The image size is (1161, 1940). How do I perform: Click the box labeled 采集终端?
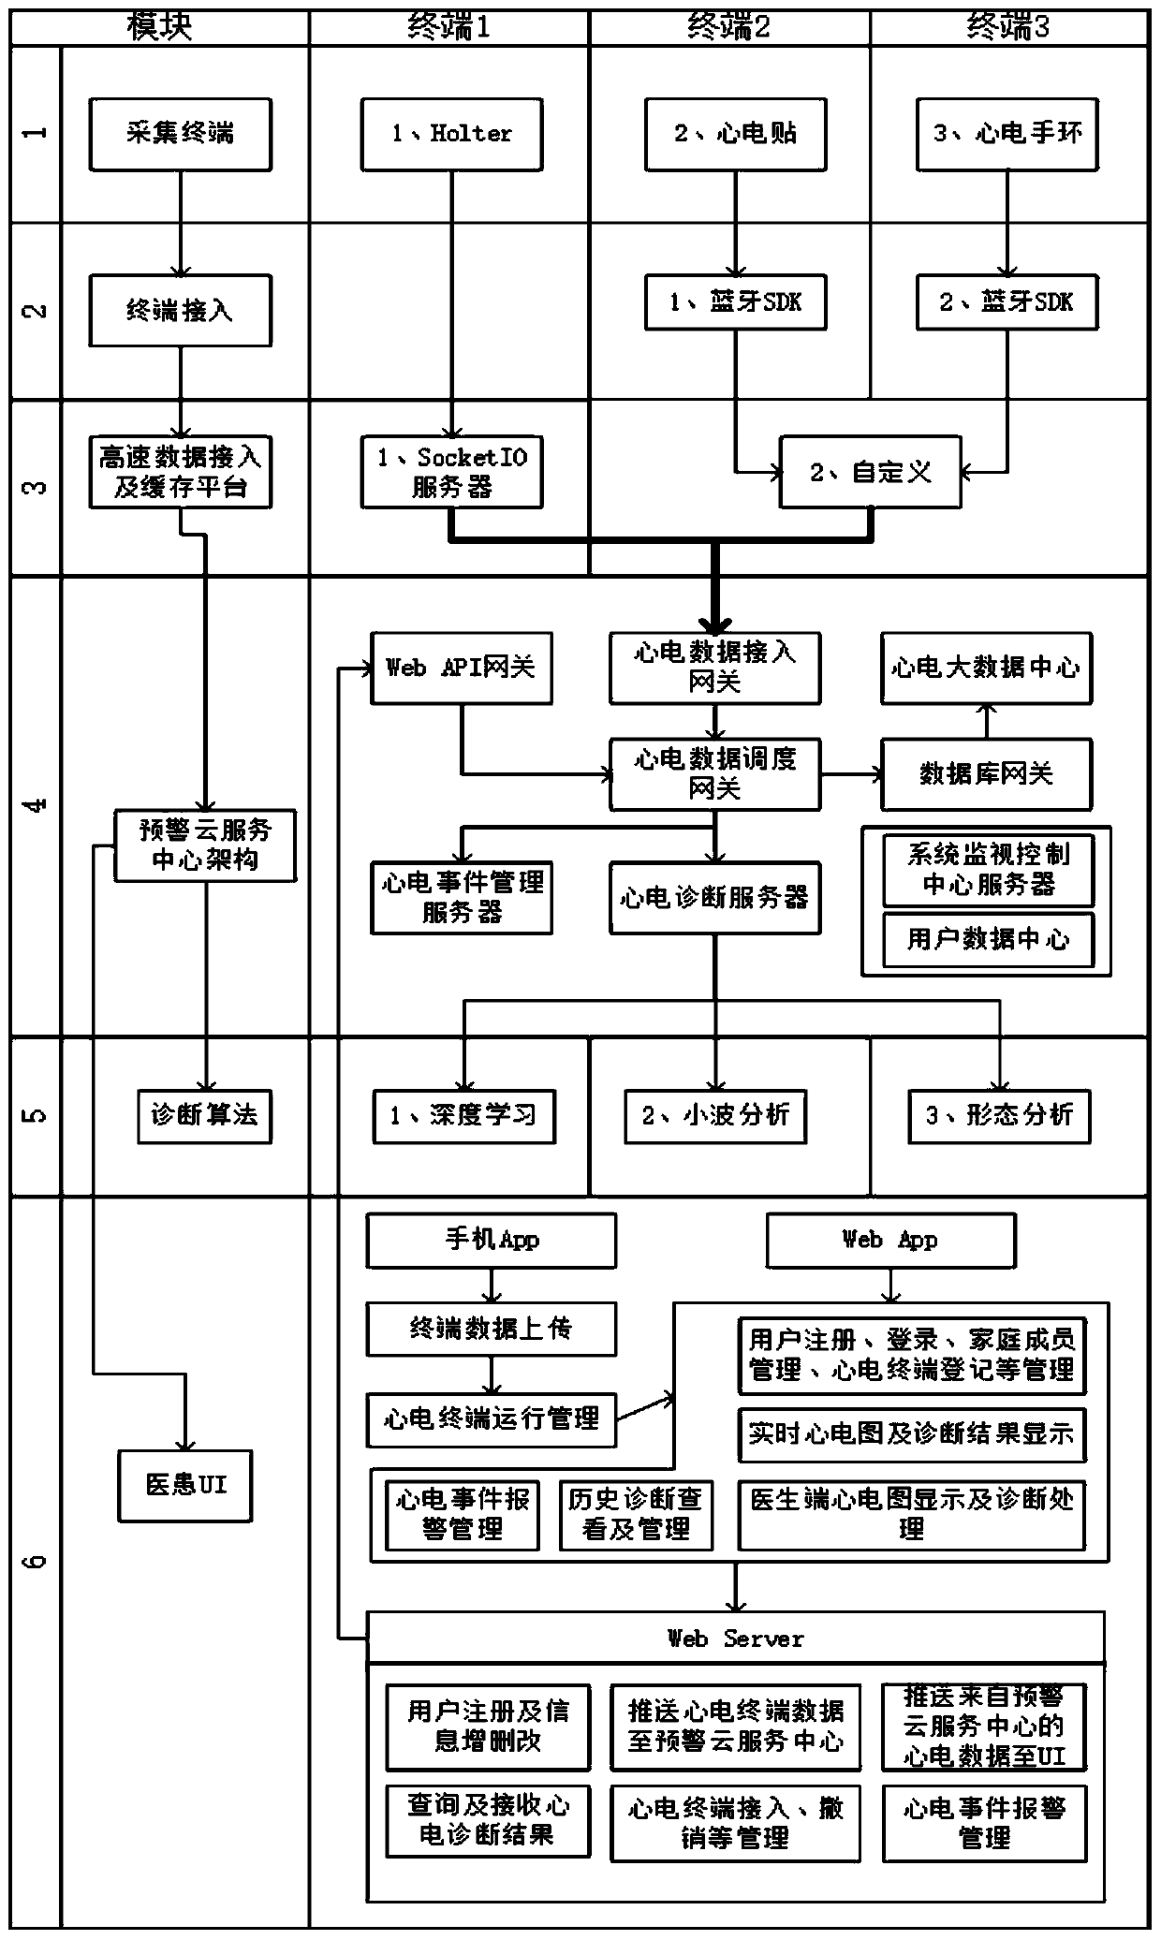point(180,135)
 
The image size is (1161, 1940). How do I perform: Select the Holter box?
point(451,135)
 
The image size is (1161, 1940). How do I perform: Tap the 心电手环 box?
point(1007,135)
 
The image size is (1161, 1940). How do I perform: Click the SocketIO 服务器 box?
point(451,472)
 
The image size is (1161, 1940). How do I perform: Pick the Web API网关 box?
point(461,669)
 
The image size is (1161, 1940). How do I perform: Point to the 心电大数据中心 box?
point(986,669)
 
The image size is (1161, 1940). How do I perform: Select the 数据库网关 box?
point(986,774)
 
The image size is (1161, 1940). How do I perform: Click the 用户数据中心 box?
point(988,939)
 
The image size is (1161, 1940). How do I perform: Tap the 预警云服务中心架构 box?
point(205,845)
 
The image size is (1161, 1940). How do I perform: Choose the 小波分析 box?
point(715,1116)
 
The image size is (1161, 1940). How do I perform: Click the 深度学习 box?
point(463,1116)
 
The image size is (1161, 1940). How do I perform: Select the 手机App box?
point(491,1241)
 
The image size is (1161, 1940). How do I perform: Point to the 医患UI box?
point(185,1485)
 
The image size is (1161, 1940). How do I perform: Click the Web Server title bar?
point(735,1639)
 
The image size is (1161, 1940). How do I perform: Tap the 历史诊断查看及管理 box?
point(636,1515)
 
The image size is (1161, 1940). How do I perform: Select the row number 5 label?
point(35,1116)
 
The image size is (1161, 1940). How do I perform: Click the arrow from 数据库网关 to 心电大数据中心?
point(986,721)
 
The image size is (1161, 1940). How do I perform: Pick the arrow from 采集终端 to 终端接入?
point(180,223)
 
